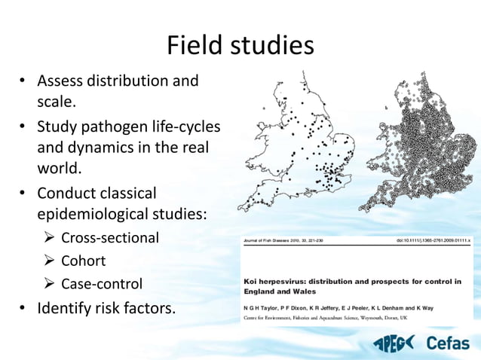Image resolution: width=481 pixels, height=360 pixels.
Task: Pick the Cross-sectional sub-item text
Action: tap(110, 238)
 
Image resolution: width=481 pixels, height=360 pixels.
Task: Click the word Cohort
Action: tap(84, 261)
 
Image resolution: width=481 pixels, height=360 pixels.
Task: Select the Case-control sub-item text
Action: tap(102, 285)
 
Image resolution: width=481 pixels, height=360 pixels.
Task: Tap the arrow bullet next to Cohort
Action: tap(50, 261)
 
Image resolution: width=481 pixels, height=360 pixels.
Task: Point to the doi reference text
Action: tap(434, 241)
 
